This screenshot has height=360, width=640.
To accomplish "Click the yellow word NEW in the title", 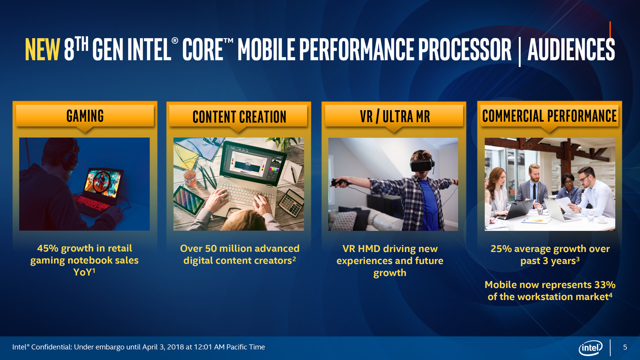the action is pos(43,49).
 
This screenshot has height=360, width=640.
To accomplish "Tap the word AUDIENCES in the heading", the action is pos(571,49).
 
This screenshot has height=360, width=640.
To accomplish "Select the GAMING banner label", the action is pos(85,116).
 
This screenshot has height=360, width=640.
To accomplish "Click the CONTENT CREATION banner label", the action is pos(239,116).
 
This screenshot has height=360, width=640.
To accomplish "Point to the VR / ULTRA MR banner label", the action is pos(395,116).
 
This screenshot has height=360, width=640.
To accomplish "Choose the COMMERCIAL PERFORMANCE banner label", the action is pos(549,116).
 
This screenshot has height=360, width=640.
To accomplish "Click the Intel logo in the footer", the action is pos(590,348).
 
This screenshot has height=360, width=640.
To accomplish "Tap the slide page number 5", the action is pos(625,347).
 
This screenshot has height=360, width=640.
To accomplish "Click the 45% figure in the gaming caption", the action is pos(47,248).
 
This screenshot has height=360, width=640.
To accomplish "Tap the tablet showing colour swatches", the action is pos(188,200).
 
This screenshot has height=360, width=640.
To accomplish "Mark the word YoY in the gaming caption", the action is pos(83,272).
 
